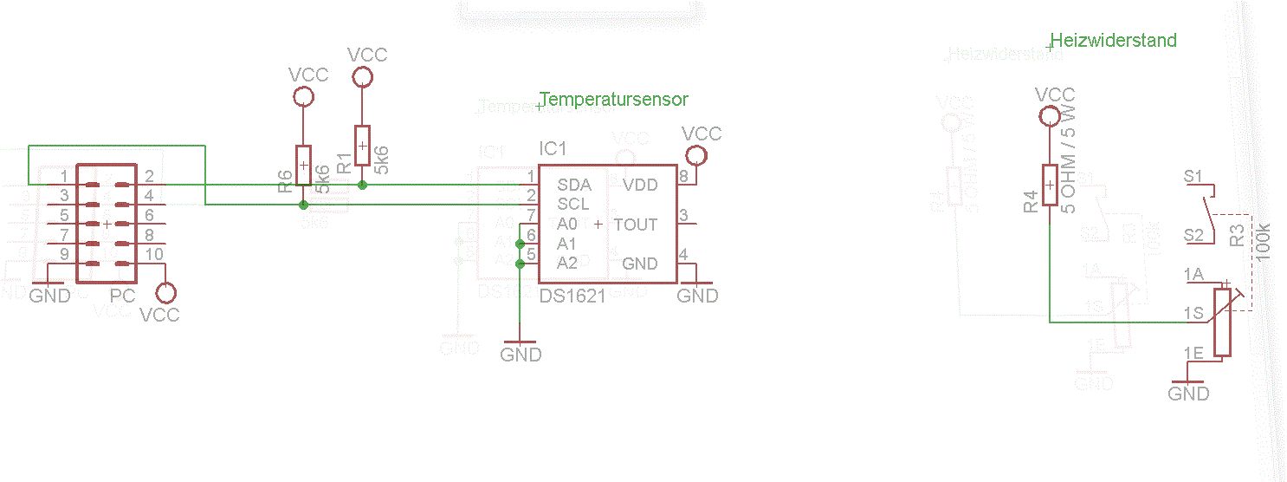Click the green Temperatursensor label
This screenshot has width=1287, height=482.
614,100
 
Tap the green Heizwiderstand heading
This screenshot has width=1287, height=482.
1114,41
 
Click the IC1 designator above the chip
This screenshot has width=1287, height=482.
553,148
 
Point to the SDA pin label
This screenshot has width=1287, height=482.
574,185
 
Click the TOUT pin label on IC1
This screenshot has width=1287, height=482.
635,225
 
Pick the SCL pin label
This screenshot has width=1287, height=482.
573,205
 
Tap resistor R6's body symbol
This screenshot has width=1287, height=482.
303,165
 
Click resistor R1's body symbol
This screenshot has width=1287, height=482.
362,145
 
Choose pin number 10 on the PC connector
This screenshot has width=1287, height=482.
153,254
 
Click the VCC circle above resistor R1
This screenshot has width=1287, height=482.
362,77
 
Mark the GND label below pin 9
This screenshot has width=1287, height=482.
49,296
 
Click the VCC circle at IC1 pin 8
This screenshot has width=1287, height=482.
694,156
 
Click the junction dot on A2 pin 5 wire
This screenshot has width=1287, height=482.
519,264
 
